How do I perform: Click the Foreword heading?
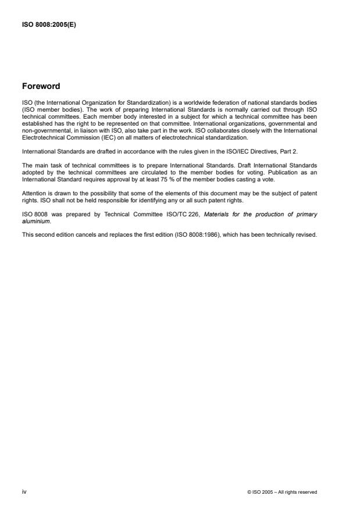(41, 86)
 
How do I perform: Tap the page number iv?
(24, 491)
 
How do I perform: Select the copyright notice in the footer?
(283, 492)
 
